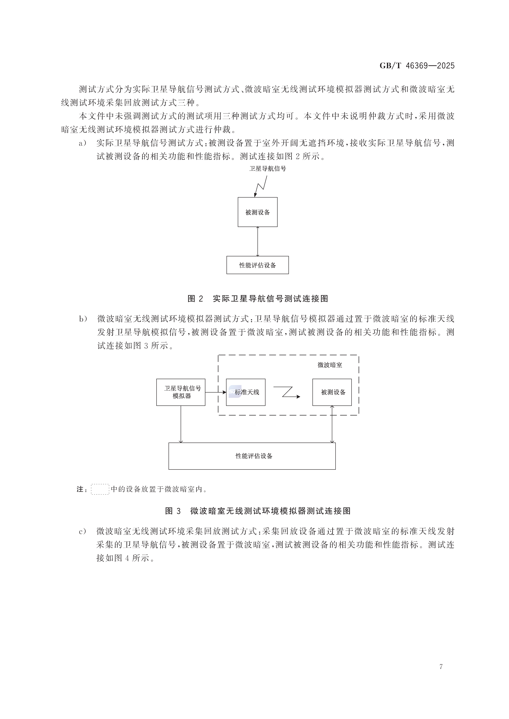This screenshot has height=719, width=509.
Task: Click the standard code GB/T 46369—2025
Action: pos(417,66)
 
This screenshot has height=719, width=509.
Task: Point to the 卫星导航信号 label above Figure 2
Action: pos(267,168)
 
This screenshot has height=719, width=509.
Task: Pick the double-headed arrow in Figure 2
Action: pos(258,241)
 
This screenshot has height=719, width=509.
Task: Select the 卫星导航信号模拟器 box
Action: pos(181,392)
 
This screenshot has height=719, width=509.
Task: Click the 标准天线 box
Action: pos(246,392)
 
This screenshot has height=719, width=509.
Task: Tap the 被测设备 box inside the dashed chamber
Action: pos(332,392)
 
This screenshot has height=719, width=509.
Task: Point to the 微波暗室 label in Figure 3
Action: pos(330,365)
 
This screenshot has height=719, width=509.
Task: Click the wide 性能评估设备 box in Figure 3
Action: pos(252,456)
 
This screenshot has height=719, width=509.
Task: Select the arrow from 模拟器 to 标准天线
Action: pos(216,392)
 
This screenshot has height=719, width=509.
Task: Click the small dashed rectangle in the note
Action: pos(100,489)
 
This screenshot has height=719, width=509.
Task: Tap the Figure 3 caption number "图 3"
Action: pos(173,511)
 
